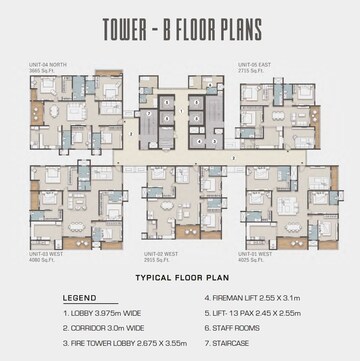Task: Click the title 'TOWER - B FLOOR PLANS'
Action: point(179,27)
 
